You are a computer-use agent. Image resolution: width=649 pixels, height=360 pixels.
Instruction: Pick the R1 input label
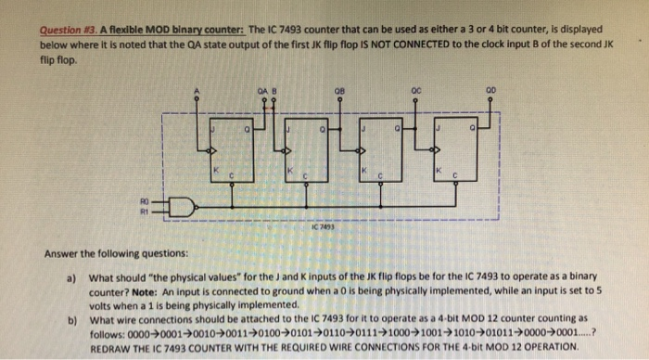[x=144, y=209]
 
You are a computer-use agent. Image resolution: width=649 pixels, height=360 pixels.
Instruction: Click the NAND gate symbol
[x=182, y=205]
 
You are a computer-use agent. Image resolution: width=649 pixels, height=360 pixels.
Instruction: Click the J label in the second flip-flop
[x=289, y=130]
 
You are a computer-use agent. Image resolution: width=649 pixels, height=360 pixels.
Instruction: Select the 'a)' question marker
[x=70, y=276]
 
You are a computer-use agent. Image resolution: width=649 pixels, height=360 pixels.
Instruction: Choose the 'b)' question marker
[x=70, y=318]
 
